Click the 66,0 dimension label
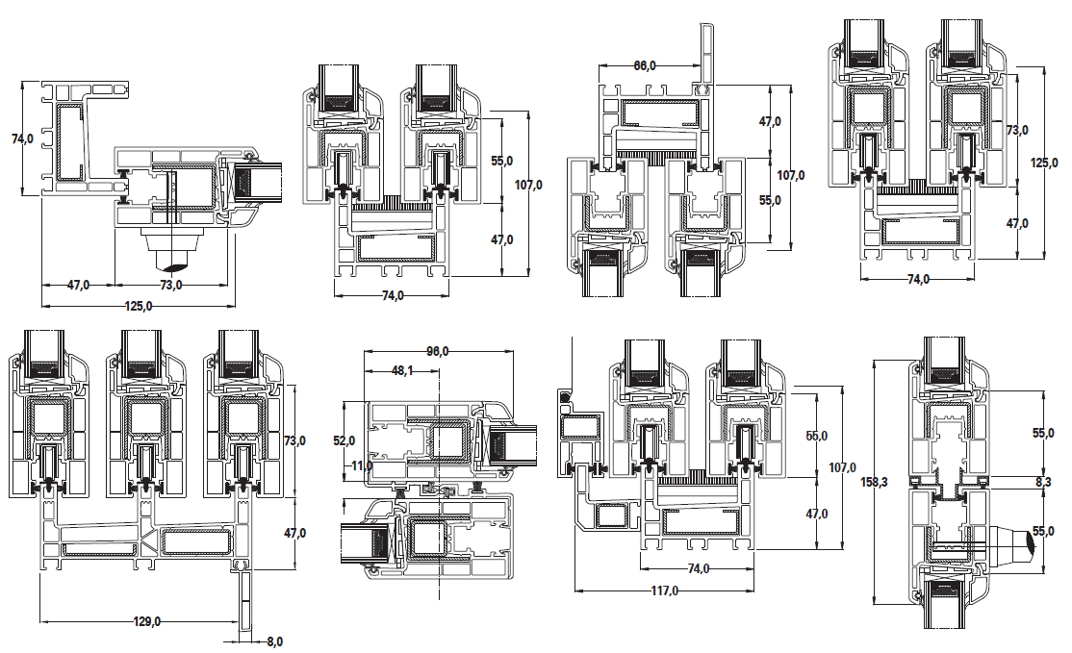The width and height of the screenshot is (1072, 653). point(645,65)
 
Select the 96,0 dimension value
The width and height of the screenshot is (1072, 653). point(438,351)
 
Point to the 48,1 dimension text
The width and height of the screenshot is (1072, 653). point(402,370)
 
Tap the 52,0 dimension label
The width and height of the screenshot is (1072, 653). point(344,441)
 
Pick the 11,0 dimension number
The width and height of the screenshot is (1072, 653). point(362,465)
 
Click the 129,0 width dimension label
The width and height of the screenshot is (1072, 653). point(147,621)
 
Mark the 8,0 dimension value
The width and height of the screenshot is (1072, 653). point(274,641)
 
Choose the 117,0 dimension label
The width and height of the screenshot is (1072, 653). point(664,590)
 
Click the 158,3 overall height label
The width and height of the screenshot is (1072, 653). point(874,482)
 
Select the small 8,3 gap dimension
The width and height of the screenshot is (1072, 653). point(1043,482)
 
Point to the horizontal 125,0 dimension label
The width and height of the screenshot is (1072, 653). point(139,306)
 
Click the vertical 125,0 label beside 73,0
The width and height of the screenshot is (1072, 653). point(1044,163)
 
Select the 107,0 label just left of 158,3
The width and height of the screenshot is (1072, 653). point(842,468)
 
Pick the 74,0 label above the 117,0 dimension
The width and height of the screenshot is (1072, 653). point(698,568)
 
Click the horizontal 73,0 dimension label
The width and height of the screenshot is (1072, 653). point(171,285)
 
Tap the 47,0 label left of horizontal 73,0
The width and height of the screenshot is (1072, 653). point(78,285)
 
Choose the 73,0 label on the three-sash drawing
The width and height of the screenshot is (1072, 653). point(294,440)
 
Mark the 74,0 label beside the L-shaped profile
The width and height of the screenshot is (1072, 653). point(22,138)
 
